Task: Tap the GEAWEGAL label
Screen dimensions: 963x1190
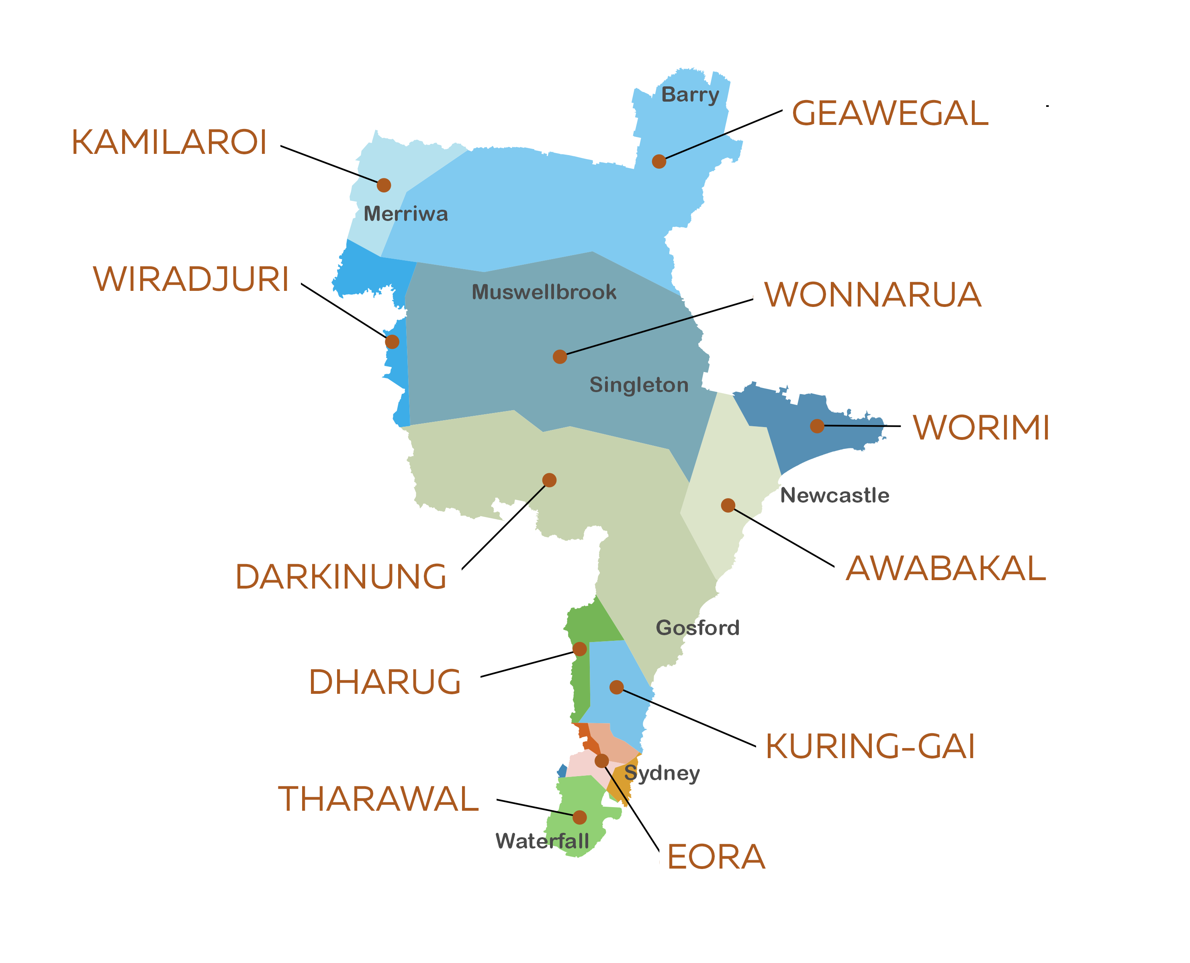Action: pyautogui.click(x=889, y=114)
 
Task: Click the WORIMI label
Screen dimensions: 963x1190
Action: pyautogui.click(x=981, y=428)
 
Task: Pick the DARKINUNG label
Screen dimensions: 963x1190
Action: pyautogui.click(x=341, y=577)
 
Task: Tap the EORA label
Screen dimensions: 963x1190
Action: pyautogui.click(x=716, y=857)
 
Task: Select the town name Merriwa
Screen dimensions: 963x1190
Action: pyautogui.click(x=405, y=214)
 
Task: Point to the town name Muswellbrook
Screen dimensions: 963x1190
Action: pyautogui.click(x=544, y=292)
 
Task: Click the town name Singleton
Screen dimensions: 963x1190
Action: pyautogui.click(x=638, y=385)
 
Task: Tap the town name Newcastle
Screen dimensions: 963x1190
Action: pyautogui.click(x=834, y=495)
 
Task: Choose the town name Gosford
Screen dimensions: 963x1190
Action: pyautogui.click(x=697, y=628)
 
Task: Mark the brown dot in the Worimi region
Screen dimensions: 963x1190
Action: pyautogui.click(x=817, y=426)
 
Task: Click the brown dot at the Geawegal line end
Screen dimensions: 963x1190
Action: pyautogui.click(x=658, y=162)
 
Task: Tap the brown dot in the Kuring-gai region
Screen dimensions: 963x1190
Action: pyautogui.click(x=616, y=687)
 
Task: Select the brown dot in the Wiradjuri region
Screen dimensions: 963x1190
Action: pyautogui.click(x=392, y=342)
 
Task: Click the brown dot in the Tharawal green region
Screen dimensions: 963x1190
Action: pyautogui.click(x=579, y=817)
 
